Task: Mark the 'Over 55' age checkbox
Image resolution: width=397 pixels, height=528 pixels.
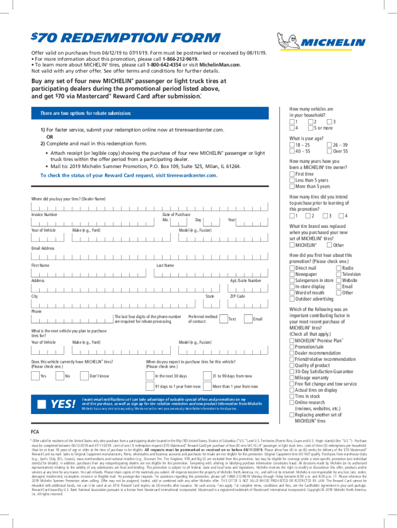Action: coord(329,151)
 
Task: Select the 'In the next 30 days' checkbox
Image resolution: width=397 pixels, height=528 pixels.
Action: coord(151,375)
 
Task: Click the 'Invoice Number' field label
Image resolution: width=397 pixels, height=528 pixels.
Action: coord(44,214)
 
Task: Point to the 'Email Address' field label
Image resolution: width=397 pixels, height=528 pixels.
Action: coord(43,248)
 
